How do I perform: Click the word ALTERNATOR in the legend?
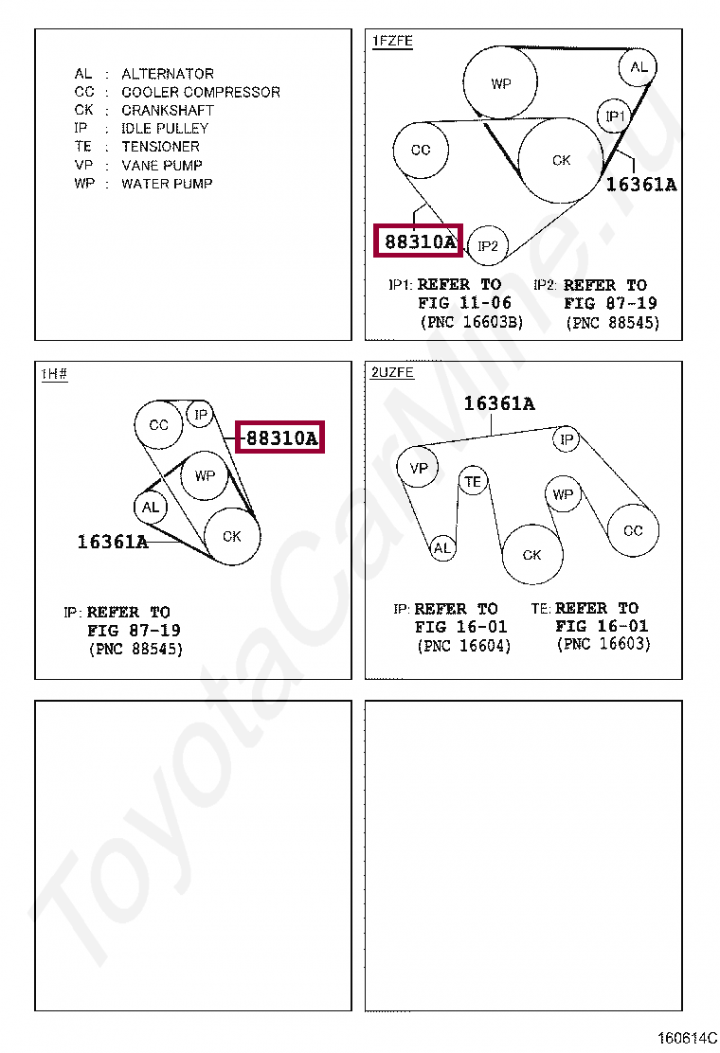pos(168,74)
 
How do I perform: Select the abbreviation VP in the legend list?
pos(84,165)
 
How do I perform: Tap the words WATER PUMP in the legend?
pos(167,184)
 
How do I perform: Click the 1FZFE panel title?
pos(392,41)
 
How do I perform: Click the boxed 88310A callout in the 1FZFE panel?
pos(419,241)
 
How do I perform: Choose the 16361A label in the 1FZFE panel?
pos(641,185)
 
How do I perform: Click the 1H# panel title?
pos(54,373)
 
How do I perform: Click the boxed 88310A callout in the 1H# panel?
pos(280,437)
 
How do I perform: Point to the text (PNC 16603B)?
pos(472,322)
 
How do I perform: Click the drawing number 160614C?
pos(687,1038)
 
